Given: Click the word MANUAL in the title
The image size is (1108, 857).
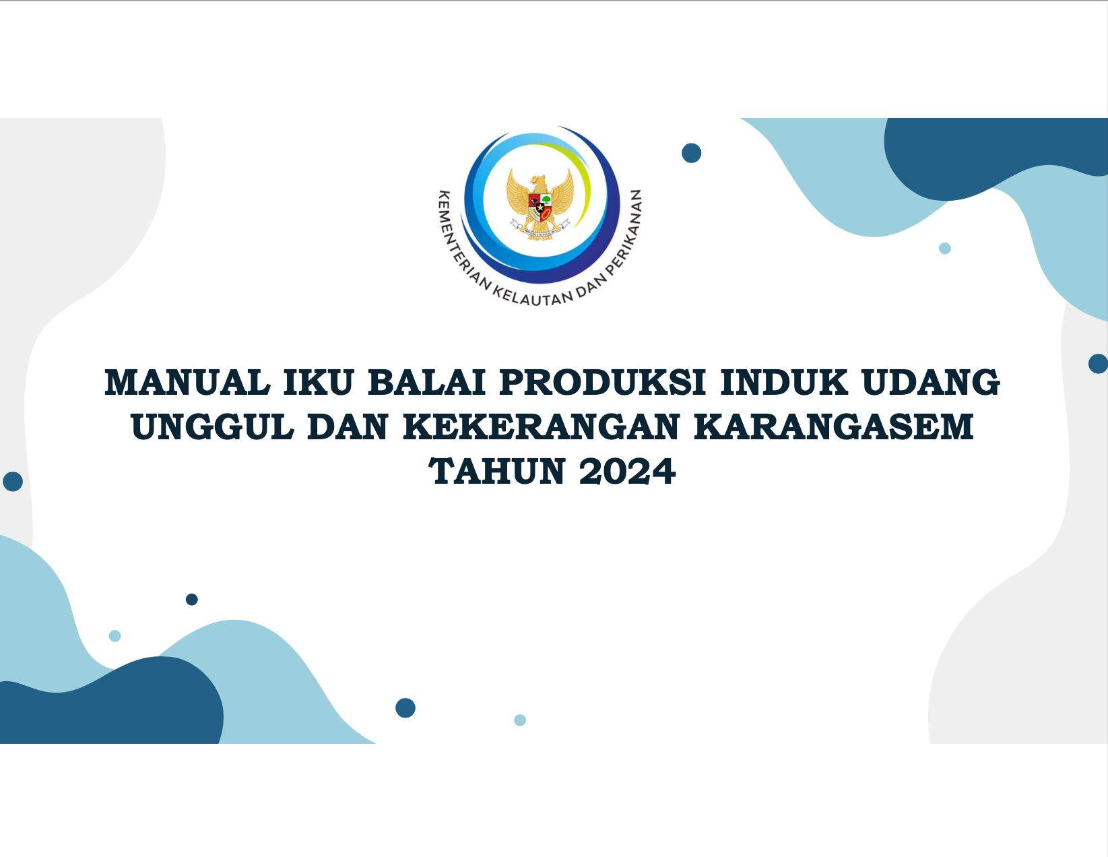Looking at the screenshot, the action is [x=187, y=382].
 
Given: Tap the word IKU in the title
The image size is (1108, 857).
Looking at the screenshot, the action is [x=318, y=382].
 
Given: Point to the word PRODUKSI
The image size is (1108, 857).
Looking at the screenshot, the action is [x=603, y=382].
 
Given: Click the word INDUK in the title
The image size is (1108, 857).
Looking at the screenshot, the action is [x=785, y=382].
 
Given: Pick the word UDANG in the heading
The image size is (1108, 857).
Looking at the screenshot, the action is [x=931, y=382].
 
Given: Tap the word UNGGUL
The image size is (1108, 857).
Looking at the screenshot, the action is [x=213, y=426].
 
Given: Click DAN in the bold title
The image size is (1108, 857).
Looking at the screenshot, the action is [x=348, y=426].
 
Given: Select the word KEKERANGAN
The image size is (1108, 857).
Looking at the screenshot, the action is [x=541, y=426].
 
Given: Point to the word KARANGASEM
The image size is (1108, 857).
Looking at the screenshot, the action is [x=834, y=426].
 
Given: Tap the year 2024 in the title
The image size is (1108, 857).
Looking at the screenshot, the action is [x=628, y=471].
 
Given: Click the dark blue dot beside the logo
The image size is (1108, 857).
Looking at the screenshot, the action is [x=692, y=153].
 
